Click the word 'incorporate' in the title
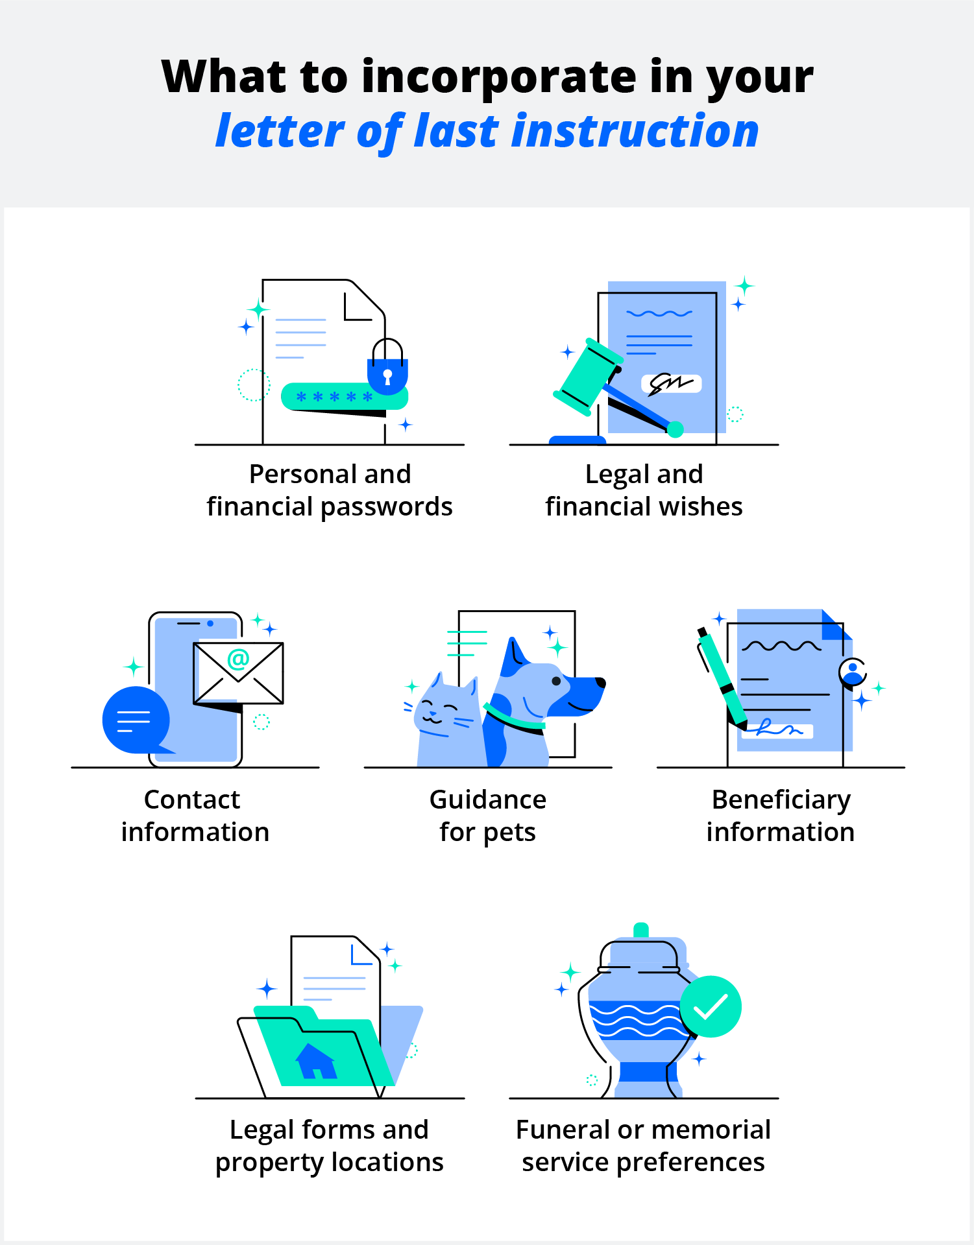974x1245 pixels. [x=499, y=77]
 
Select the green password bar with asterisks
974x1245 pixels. [x=344, y=396]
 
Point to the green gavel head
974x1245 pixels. [x=587, y=376]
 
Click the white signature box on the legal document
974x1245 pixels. [x=671, y=383]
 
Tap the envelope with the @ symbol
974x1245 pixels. [x=238, y=672]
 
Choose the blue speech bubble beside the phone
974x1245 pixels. [x=136, y=720]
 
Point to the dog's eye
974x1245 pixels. [x=556, y=681]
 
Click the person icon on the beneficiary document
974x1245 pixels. [x=853, y=672]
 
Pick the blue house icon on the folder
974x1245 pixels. [x=316, y=1061]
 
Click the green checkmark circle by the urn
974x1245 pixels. [x=711, y=1006]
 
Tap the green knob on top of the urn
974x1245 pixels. [x=641, y=929]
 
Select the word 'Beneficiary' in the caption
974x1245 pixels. [x=781, y=800]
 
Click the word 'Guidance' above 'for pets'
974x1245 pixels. [x=488, y=800]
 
